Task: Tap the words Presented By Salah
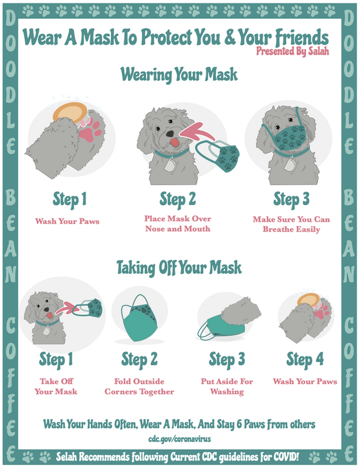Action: click(292, 51)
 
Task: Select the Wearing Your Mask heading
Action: click(179, 74)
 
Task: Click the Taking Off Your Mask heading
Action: click(179, 267)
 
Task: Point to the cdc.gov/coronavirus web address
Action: click(180, 439)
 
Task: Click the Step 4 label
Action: click(305, 359)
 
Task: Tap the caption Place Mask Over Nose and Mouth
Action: click(178, 224)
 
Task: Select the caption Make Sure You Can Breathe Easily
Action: click(291, 224)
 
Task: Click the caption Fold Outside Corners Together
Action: click(139, 387)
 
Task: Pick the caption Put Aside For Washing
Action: click(227, 387)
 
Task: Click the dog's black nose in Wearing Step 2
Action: click(170, 133)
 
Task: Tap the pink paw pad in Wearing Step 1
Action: click(91, 131)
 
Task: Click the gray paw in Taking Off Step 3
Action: click(241, 312)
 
